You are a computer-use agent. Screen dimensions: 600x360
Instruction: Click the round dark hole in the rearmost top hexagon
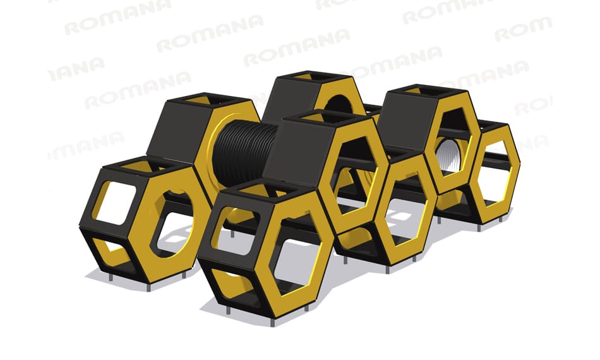point(339,105)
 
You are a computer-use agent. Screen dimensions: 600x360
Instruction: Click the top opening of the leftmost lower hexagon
point(145,167)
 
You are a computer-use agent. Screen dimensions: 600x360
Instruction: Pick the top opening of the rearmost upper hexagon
point(308,76)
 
